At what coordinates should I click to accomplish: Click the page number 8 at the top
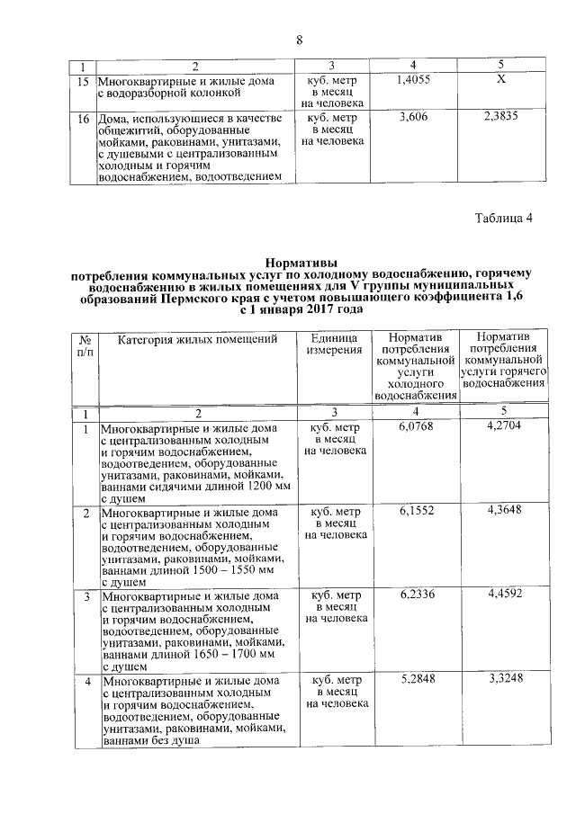299,40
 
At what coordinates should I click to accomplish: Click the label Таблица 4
504,219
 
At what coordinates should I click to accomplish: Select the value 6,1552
417,510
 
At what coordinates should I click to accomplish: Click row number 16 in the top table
83,118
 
